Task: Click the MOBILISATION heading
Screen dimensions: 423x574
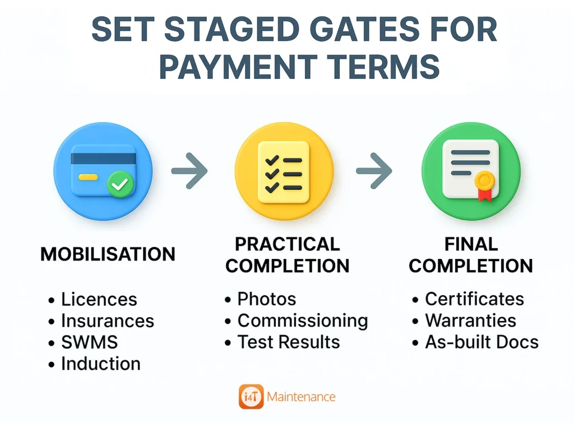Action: click(108, 254)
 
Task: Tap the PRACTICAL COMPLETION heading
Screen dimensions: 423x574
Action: click(287, 254)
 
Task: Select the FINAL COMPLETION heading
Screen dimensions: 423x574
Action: click(470, 254)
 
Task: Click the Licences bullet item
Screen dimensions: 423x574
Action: click(99, 299)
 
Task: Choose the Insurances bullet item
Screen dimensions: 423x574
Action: click(107, 320)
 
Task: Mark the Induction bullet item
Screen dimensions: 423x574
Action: click(100, 363)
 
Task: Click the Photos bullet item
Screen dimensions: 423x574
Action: click(266, 299)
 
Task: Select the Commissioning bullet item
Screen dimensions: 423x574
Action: click(302, 320)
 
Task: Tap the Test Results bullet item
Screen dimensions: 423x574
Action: click(288, 342)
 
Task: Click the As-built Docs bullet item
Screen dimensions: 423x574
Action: click(482, 342)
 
